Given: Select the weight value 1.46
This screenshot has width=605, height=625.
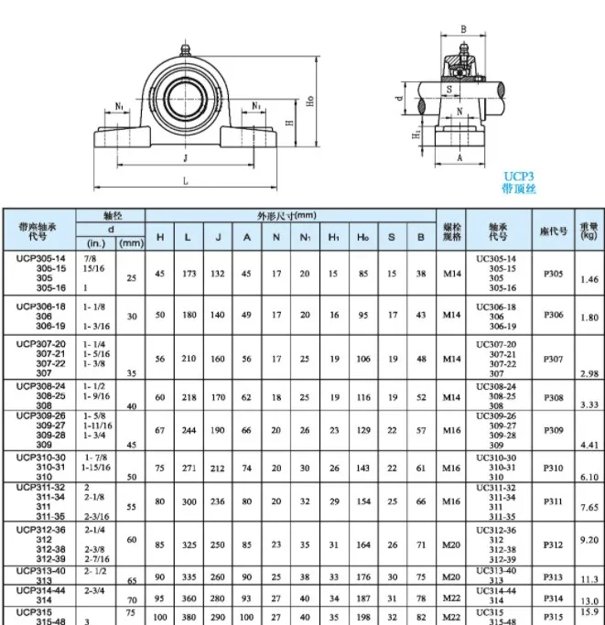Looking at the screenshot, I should click(589, 279).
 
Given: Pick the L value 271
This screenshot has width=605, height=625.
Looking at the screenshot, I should click(188, 467).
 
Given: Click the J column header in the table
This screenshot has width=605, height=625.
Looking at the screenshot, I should click(218, 237).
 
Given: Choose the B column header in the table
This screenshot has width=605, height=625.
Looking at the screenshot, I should click(420, 237).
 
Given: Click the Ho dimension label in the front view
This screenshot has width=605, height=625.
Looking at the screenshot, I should click(312, 102).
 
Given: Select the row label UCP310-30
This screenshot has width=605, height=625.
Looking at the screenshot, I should click(39, 457).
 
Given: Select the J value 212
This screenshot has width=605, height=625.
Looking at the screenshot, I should click(218, 467).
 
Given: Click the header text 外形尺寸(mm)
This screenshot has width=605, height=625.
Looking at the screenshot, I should click(287, 215).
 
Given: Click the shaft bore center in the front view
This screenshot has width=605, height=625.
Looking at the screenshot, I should click(186, 95).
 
